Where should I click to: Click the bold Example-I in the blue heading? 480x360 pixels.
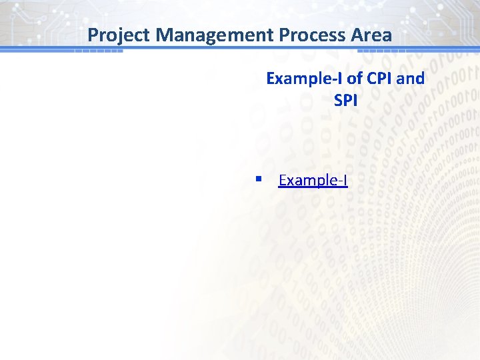coord(304,79)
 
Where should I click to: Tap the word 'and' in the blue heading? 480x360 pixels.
coord(411,79)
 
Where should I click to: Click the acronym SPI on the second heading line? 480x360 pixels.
coord(345,100)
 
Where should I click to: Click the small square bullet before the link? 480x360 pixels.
coord(258,179)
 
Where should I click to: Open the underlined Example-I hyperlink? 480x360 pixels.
coord(313,181)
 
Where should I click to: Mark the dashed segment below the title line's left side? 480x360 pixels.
coord(99,51)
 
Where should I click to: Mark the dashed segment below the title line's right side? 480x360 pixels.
coord(381,51)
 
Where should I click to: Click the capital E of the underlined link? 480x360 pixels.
coord(283,181)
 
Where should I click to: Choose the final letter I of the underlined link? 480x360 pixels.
coord(345,181)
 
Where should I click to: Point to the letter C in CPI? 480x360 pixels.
coord(371,79)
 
